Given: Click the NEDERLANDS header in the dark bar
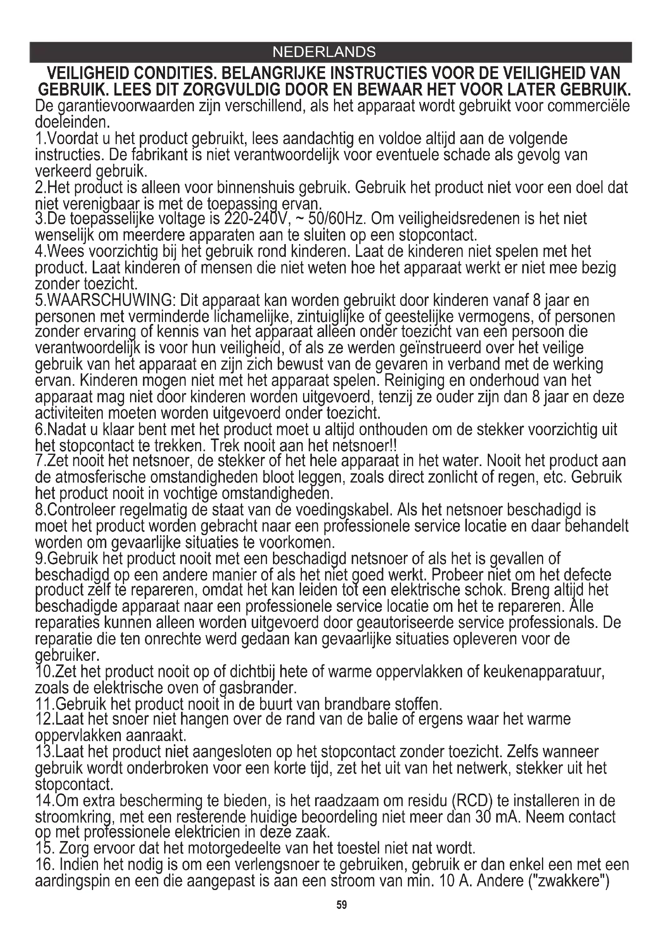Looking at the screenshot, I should [x=324, y=52].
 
